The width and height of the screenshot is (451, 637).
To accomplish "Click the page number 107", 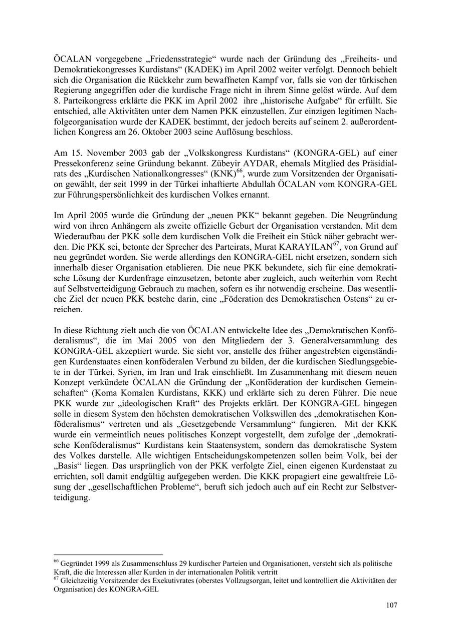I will tap(391, 605).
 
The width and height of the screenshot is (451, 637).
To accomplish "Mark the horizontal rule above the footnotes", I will tap(108, 554).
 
